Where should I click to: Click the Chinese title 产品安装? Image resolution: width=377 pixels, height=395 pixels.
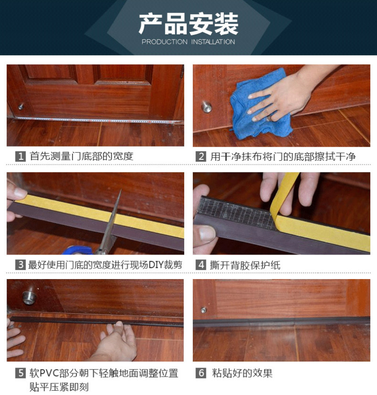188,24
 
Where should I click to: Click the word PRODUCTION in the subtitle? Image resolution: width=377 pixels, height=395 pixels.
164,42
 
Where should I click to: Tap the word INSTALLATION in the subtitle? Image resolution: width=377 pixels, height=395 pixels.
213,42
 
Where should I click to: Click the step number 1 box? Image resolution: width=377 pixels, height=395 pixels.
20,156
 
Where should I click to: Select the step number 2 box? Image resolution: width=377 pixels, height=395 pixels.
201,156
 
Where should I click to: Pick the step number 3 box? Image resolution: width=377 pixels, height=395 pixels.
20,265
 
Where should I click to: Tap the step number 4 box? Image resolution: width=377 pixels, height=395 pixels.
201,265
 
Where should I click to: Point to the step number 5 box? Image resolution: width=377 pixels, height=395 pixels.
20,373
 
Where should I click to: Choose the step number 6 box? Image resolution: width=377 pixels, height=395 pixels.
201,373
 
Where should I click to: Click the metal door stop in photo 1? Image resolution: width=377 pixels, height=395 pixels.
21,107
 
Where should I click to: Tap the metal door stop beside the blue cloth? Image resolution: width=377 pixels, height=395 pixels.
206,107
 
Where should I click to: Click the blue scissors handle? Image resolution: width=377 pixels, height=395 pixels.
78,251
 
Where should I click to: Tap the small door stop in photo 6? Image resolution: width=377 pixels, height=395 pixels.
204,310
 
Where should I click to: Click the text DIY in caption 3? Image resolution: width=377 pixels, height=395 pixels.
156,265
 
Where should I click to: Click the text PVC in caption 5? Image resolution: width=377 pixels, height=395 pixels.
49,373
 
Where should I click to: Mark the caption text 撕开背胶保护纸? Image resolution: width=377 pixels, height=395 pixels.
245,265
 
